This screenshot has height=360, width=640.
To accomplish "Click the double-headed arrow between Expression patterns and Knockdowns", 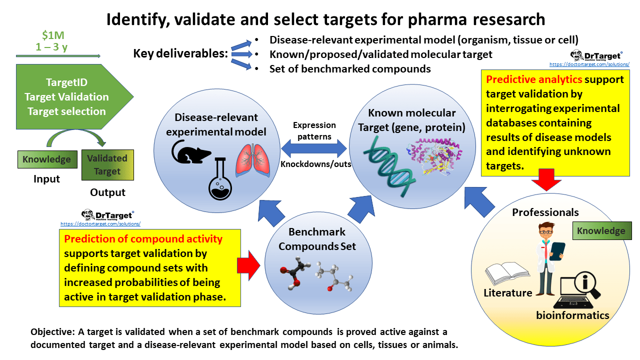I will tap(314, 148).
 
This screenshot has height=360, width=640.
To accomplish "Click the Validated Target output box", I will tap(107, 165).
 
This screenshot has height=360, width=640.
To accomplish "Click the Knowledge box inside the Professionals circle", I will tap(601, 230).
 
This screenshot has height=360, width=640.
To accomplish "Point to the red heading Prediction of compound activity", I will tap(143, 239).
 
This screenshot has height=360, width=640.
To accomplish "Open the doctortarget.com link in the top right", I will tap(585, 64).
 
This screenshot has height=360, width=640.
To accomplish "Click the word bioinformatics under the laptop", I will tap(572, 315).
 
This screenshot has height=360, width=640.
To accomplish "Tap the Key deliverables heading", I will tap(180, 53).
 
